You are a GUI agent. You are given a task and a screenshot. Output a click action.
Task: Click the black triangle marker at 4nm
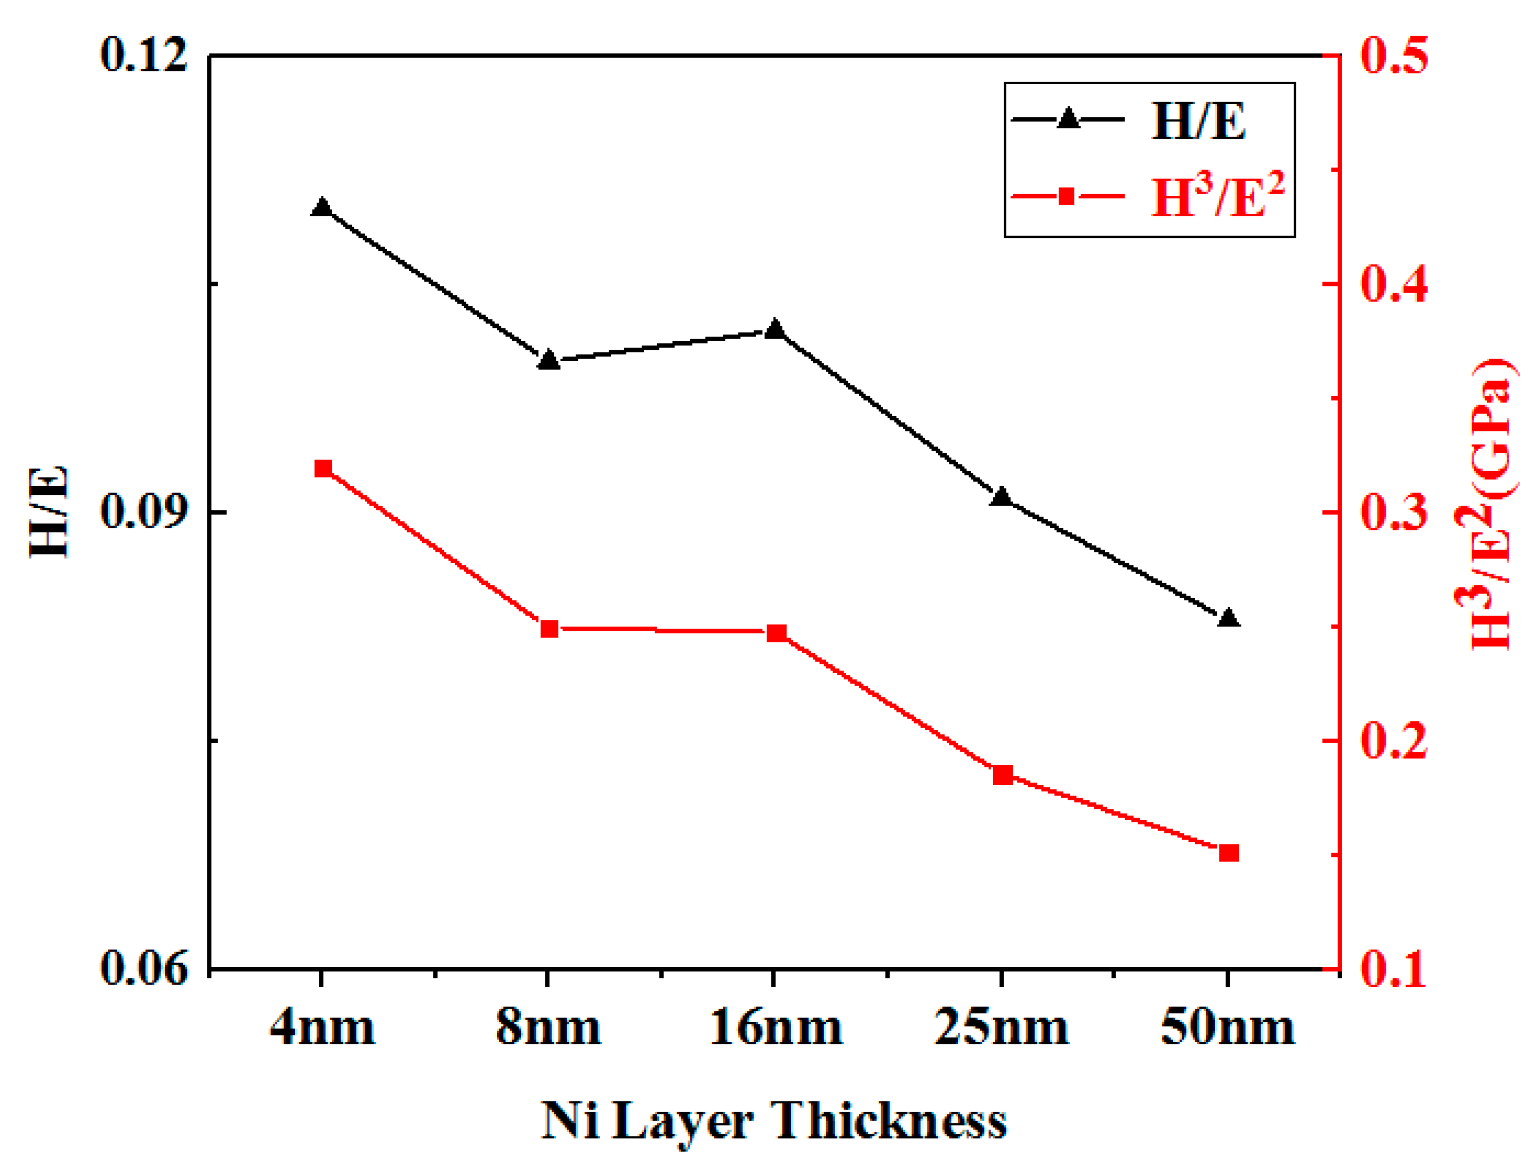click(321, 207)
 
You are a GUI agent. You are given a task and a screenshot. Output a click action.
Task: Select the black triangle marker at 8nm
click(548, 360)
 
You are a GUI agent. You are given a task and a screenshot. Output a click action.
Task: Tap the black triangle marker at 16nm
click(774, 329)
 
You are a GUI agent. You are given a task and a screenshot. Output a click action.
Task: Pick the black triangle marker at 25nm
click(1001, 497)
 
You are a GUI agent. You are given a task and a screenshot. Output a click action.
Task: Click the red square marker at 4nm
click(322, 469)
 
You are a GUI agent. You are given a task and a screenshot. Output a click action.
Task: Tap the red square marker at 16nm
click(777, 633)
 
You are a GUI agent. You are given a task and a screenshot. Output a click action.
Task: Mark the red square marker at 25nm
click(1002, 775)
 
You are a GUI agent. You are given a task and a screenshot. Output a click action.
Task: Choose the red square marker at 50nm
click(1228, 853)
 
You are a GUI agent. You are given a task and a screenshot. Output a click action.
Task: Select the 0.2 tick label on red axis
click(1393, 741)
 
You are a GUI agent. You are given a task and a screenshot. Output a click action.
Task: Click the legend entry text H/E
click(1198, 122)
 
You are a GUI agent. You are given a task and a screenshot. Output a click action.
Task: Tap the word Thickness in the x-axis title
click(890, 1121)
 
